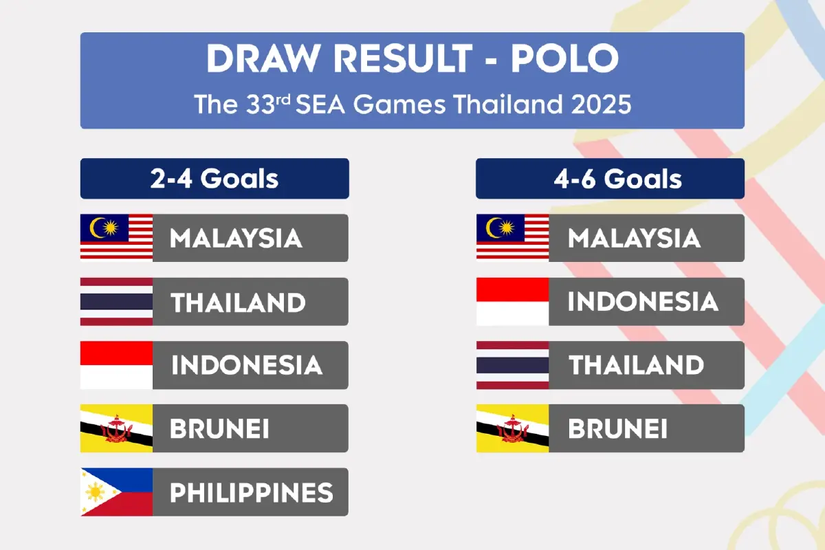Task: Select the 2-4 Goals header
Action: point(214,179)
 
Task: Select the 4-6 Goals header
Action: point(610,179)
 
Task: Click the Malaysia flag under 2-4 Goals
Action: point(116,238)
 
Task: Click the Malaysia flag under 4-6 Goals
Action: point(512,238)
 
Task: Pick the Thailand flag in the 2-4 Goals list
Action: point(116,302)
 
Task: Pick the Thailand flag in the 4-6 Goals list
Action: point(512,365)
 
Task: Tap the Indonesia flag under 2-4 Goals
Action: point(116,365)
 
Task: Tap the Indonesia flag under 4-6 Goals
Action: point(512,302)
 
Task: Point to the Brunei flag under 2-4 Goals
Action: point(116,428)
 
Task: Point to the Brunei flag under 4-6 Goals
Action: point(512,428)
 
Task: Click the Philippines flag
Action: point(116,492)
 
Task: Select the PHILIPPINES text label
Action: point(251,492)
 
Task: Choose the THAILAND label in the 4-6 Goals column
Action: point(636,365)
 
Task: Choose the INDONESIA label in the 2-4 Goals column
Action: point(246,365)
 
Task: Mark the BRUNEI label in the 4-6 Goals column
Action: point(617,428)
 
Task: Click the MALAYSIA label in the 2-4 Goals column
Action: point(236,238)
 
